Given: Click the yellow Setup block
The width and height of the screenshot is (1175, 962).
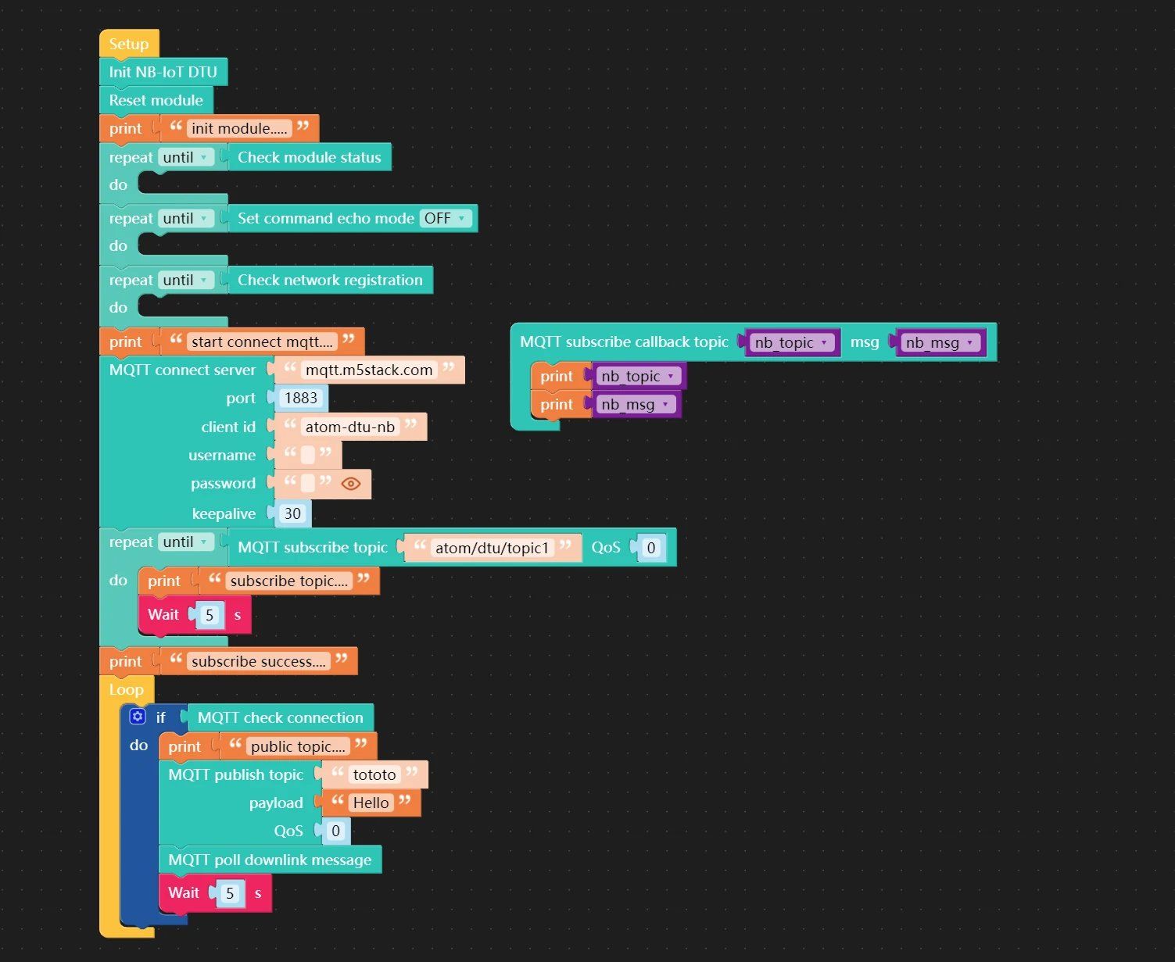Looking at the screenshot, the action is tap(129, 44).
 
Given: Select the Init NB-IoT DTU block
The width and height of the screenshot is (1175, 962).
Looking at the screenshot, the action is tap(163, 72).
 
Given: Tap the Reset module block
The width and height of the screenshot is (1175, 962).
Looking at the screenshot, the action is tap(156, 100).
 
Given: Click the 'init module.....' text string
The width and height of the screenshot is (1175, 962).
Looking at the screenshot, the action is tap(239, 129).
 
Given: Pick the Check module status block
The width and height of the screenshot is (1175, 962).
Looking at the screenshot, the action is tap(310, 157).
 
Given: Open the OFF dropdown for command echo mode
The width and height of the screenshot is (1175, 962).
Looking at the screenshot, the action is tap(445, 218).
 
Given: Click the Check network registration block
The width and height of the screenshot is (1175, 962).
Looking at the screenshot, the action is tap(330, 280).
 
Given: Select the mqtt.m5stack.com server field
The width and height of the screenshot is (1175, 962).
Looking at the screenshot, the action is tap(369, 370).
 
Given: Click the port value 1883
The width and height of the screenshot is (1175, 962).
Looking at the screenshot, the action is tap(301, 398).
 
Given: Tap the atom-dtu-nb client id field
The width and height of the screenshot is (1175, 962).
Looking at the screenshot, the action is tap(350, 427).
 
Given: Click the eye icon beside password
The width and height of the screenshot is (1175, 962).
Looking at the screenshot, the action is tap(350, 484).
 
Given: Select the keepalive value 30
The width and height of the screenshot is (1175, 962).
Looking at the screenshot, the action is tap(292, 513).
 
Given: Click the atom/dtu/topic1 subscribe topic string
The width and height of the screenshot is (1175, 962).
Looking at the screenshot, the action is tap(492, 548).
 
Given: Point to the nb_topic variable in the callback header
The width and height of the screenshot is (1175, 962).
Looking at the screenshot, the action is tap(792, 342).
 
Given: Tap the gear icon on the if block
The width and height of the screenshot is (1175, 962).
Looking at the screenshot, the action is tap(138, 717).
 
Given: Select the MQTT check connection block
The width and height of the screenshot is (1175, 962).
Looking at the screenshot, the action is tap(280, 717).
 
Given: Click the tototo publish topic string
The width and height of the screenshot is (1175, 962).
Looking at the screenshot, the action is tap(374, 774).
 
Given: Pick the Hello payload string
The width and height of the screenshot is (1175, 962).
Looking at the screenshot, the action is tap(371, 803).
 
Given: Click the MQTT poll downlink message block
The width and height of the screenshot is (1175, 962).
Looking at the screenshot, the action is tap(270, 860).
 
